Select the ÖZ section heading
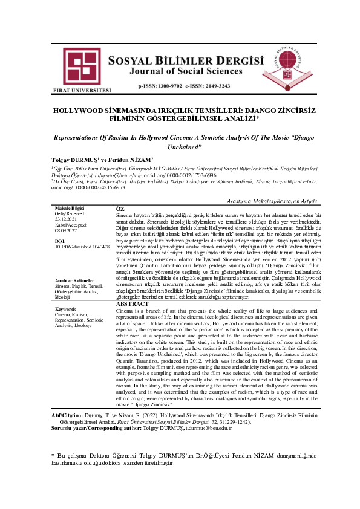click(120, 209)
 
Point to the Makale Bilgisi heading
click(70, 209)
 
